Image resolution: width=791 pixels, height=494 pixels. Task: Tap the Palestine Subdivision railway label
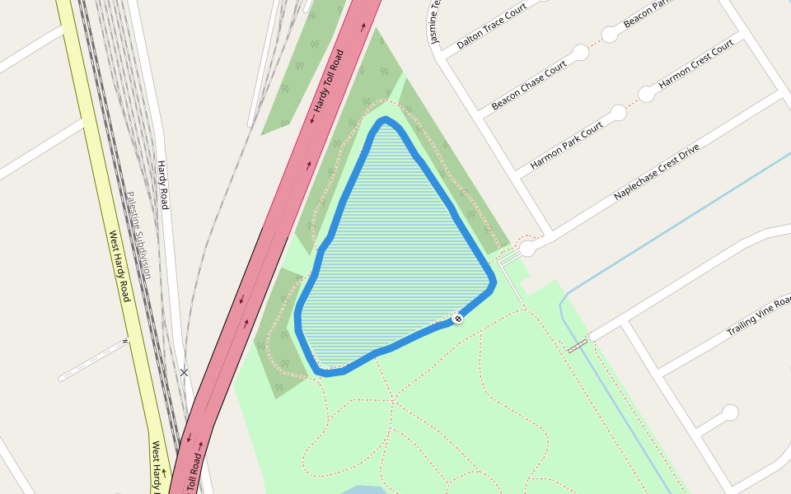[138, 235]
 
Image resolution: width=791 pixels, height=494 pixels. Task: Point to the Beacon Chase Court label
[529, 86]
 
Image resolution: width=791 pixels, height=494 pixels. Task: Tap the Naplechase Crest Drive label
[656, 171]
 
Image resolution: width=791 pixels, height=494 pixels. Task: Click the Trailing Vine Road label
[758, 315]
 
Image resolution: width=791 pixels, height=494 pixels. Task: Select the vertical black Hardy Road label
[163, 184]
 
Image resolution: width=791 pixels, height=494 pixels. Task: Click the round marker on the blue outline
[457, 319]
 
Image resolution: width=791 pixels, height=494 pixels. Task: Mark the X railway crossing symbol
[184, 373]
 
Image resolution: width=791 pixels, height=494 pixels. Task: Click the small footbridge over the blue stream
[578, 345]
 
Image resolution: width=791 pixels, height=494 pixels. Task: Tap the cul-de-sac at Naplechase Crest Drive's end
[527, 247]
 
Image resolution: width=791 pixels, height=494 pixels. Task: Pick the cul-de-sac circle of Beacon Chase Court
[580, 53]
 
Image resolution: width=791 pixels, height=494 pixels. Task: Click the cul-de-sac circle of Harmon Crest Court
[647, 94]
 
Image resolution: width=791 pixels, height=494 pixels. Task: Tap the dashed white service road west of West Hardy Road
[93, 360]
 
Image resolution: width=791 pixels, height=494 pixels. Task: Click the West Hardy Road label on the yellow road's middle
[120, 266]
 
